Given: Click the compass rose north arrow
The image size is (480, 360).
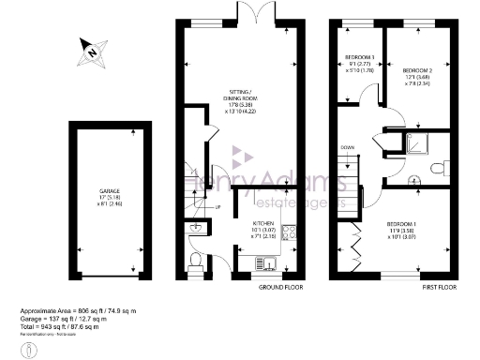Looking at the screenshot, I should pos(94,52).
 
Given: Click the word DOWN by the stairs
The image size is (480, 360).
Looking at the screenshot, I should pos(347,148).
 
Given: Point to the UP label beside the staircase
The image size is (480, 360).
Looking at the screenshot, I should pos(217,206).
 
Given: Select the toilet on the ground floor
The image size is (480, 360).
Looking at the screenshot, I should pos(194,262).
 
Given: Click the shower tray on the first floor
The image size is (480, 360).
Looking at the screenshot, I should pos(412,143).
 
